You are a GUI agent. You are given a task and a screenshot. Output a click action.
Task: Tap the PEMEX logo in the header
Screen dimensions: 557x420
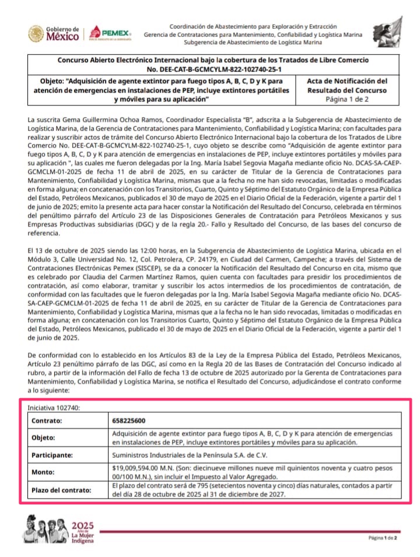pos(110,34)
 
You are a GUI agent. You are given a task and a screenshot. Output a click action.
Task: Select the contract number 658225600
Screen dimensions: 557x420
pos(129,420)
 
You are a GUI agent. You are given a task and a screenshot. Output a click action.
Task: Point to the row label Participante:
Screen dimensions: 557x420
pos(53,454)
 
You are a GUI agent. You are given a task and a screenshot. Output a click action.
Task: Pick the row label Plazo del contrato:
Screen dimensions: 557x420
pos(61,490)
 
